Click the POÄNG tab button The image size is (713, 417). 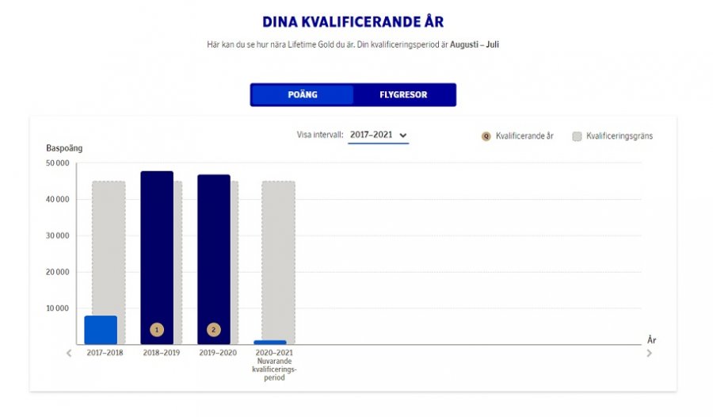(303, 95)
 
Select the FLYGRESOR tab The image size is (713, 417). (403, 95)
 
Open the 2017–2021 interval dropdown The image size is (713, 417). (379, 136)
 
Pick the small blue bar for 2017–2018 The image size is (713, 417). (101, 330)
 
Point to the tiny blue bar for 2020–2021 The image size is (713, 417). (270, 342)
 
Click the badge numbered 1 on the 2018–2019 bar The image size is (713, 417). (157, 330)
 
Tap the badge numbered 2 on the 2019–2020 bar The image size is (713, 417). (214, 330)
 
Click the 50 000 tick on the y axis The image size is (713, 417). (58, 163)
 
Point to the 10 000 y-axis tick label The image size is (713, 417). (58, 308)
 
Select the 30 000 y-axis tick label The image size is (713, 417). (58, 235)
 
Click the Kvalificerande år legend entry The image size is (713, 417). (517, 136)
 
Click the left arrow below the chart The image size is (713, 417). (69, 353)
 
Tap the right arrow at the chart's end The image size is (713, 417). (650, 353)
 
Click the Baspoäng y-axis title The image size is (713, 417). (64, 148)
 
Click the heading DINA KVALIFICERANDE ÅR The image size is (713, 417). (353, 21)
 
